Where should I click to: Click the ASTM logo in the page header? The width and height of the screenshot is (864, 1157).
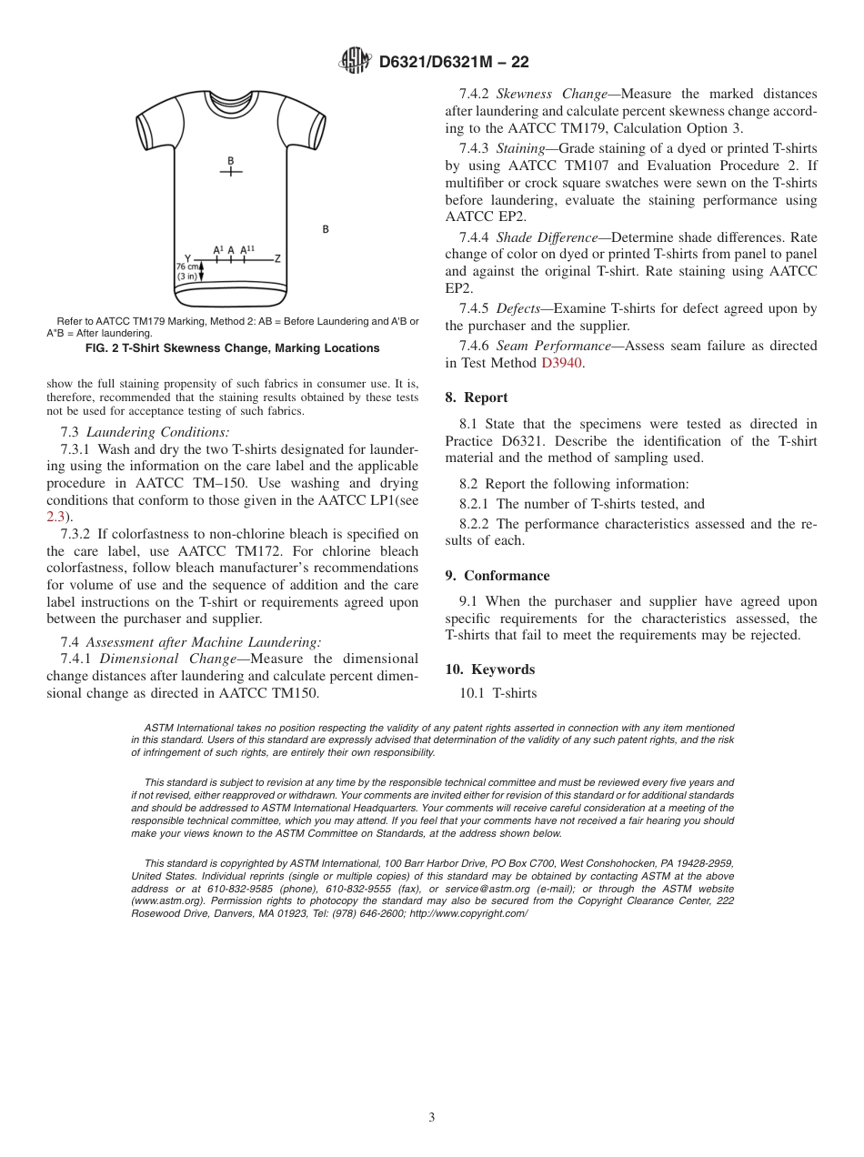355,61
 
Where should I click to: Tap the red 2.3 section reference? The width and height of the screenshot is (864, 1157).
55,517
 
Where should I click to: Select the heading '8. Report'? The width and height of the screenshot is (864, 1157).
477,397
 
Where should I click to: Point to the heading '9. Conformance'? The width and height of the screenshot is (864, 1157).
497,576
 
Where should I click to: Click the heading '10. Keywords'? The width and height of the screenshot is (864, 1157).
489,669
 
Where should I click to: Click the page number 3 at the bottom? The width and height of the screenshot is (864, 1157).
432,1117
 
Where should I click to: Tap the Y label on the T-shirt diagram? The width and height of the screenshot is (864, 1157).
187,258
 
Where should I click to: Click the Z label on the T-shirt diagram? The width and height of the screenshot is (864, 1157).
277,258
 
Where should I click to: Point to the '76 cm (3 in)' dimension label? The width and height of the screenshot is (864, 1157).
186,271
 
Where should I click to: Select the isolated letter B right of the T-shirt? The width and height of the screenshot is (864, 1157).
326,230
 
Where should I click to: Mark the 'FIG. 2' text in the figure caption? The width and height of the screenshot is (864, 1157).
103,348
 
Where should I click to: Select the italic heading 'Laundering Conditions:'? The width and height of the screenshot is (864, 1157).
157,432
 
